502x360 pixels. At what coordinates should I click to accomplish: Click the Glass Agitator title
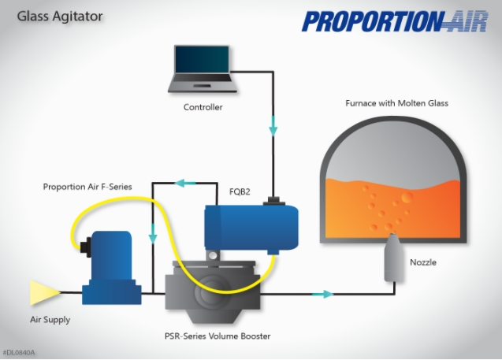tap(60, 17)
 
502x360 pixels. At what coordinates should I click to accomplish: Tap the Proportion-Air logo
tap(395, 21)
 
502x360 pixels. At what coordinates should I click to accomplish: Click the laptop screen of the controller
tap(202, 60)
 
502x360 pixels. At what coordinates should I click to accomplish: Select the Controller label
tap(203, 107)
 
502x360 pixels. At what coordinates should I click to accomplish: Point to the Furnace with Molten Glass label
tap(396, 103)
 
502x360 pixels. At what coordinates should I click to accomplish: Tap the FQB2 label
tap(240, 191)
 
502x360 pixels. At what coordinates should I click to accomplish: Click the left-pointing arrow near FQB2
tap(185, 183)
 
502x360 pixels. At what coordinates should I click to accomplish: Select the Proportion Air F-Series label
tap(87, 187)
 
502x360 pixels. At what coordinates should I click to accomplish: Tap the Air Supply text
tap(50, 320)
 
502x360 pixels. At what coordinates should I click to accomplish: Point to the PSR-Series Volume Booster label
tap(218, 336)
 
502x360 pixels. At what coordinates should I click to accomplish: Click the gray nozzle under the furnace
tap(393, 258)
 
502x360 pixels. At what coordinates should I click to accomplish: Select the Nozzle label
tap(423, 262)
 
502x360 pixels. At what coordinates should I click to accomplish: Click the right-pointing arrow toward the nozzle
tap(323, 294)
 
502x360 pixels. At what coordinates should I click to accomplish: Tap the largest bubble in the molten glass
tap(407, 198)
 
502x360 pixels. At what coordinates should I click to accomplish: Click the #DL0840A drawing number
tap(19, 353)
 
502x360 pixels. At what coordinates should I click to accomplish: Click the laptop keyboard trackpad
tap(202, 85)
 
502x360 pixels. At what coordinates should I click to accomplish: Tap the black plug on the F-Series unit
tap(85, 247)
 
